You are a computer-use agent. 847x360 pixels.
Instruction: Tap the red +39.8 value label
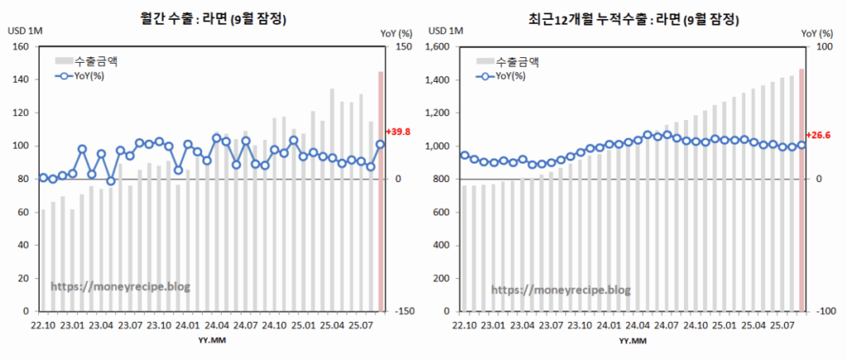(399, 132)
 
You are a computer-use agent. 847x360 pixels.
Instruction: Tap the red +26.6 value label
(819, 135)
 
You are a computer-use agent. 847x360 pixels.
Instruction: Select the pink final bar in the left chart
(380, 190)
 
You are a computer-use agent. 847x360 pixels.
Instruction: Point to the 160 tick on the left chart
(22, 47)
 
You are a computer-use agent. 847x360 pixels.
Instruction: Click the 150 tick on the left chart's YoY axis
(404, 47)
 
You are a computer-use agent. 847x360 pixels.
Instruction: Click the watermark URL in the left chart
(121, 286)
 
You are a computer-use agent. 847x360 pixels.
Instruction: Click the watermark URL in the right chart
(561, 290)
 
